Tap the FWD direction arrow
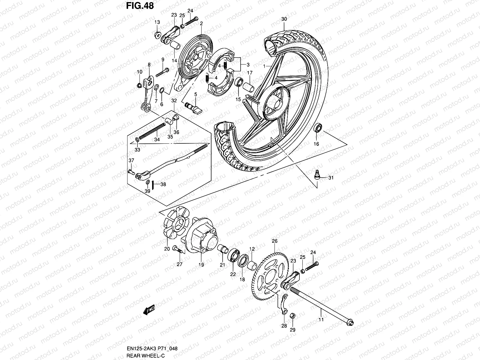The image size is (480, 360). (149, 310)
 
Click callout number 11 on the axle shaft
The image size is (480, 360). (321, 320)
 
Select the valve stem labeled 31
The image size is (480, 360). (317, 175)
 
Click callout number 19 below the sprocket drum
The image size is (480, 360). (201, 265)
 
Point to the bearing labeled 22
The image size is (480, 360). (233, 256)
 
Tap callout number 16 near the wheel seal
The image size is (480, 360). (316, 144)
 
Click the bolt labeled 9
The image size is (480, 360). (162, 72)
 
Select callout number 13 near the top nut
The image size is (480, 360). (157, 22)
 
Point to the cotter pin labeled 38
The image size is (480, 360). (153, 185)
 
